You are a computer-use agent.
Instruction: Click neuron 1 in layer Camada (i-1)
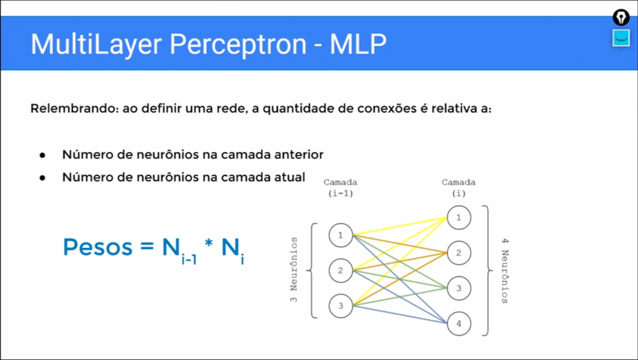click(341, 235)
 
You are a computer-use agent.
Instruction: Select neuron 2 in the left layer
click(341, 270)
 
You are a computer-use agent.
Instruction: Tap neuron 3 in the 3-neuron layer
click(341, 306)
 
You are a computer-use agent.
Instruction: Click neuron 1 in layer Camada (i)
click(459, 217)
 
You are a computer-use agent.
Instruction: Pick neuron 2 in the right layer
click(459, 253)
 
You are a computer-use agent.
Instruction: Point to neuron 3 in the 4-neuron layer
click(459, 288)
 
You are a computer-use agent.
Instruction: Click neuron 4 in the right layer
click(459, 323)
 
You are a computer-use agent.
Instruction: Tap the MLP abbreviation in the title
click(358, 45)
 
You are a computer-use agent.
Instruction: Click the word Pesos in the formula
click(98, 247)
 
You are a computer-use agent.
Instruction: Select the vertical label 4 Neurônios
click(505, 271)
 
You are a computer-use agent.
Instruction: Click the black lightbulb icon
click(621, 18)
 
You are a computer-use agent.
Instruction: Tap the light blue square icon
click(621, 38)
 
